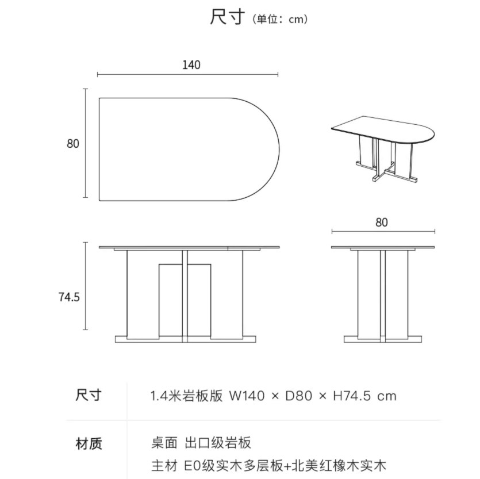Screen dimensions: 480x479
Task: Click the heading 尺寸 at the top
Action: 229,18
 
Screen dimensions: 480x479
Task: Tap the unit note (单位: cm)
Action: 280,20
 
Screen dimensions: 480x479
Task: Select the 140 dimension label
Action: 191,65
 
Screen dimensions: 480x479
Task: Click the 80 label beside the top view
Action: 72,144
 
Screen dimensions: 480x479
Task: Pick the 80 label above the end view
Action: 382,223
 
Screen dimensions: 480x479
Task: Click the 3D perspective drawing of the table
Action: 382,148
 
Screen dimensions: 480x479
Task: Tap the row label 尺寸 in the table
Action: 89,396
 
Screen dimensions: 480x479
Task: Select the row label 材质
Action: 89,443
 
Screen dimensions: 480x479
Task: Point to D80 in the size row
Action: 298,396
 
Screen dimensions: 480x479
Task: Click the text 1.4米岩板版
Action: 186,396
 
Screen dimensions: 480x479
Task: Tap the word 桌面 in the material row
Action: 163,443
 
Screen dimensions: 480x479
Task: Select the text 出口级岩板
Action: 218,443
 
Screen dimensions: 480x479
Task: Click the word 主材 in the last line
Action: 163,465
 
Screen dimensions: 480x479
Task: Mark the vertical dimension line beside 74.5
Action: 86,286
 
